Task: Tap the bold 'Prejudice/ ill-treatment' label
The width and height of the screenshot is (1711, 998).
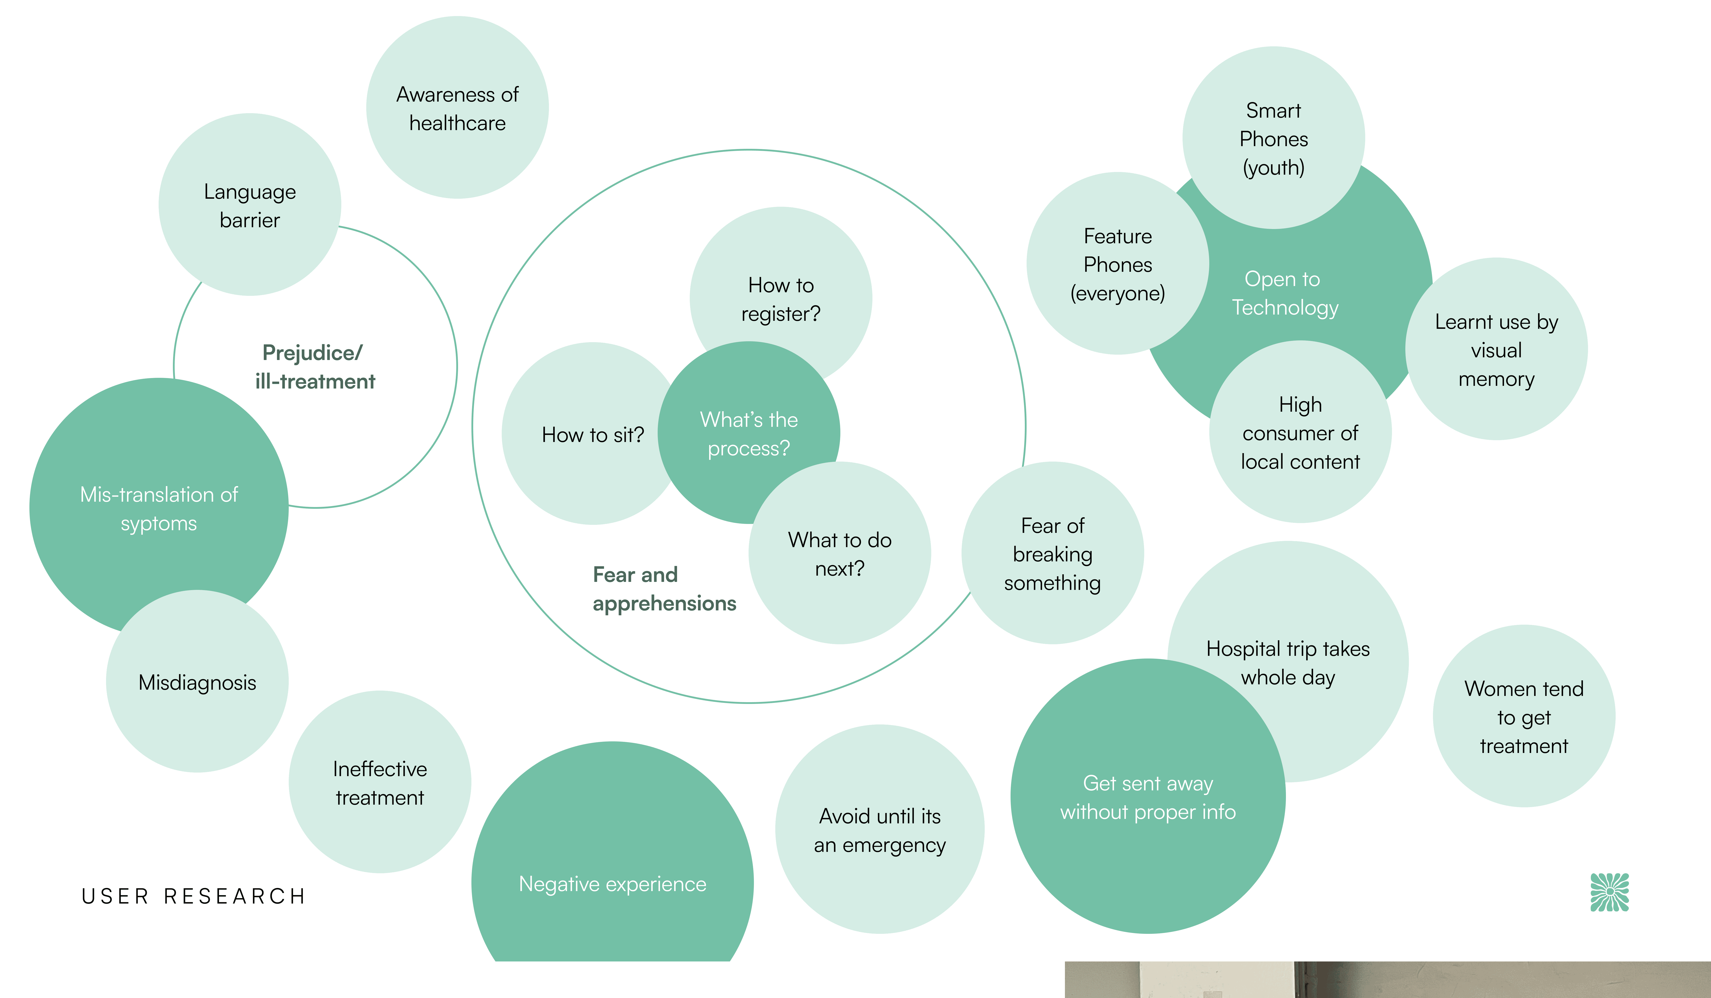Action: pos(314,367)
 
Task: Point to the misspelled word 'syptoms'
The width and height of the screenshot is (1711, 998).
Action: pos(159,524)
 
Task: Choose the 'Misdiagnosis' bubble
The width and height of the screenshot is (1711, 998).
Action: pos(197,682)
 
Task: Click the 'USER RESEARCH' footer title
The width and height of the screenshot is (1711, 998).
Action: pos(194,896)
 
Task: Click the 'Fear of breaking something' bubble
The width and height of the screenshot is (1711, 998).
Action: pos(1052,554)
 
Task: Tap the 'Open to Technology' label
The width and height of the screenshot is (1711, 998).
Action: pos(1285,293)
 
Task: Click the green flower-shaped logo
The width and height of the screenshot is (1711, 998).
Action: pos(1609,892)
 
